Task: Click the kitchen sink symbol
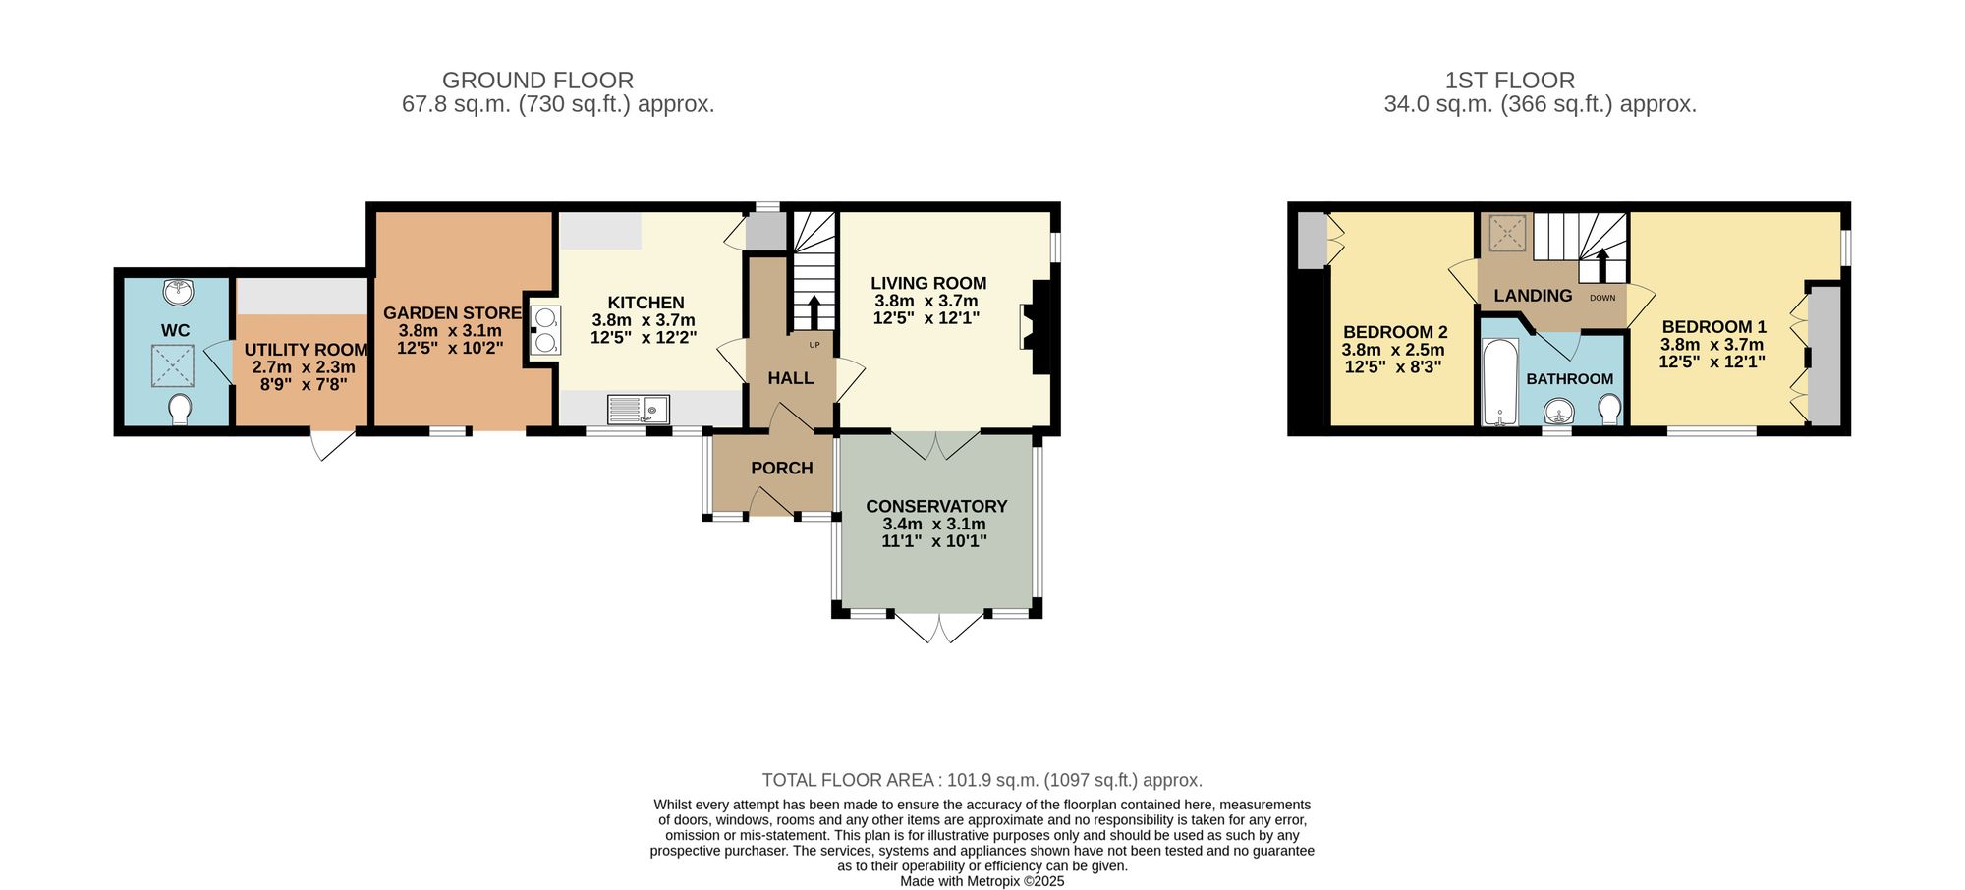pyautogui.click(x=638, y=409)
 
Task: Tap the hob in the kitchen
pyautogui.click(x=544, y=330)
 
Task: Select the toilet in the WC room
pyautogui.click(x=180, y=409)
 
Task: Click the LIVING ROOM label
pyautogui.click(x=928, y=283)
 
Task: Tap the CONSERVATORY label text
pyautogui.click(x=936, y=506)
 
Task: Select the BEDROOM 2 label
pyautogui.click(x=1394, y=332)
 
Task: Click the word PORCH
pyautogui.click(x=782, y=468)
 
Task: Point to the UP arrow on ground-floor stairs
pyautogui.click(x=814, y=311)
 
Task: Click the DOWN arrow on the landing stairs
pyautogui.click(x=1602, y=265)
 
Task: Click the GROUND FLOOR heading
pyautogui.click(x=537, y=81)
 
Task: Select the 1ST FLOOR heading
pyautogui.click(x=1509, y=81)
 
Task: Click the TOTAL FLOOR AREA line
pyautogui.click(x=982, y=780)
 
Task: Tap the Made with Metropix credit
pyautogui.click(x=982, y=881)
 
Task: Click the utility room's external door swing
pyautogui.click(x=332, y=445)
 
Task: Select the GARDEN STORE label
pyautogui.click(x=452, y=313)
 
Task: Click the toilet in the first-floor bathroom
pyautogui.click(x=1609, y=409)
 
